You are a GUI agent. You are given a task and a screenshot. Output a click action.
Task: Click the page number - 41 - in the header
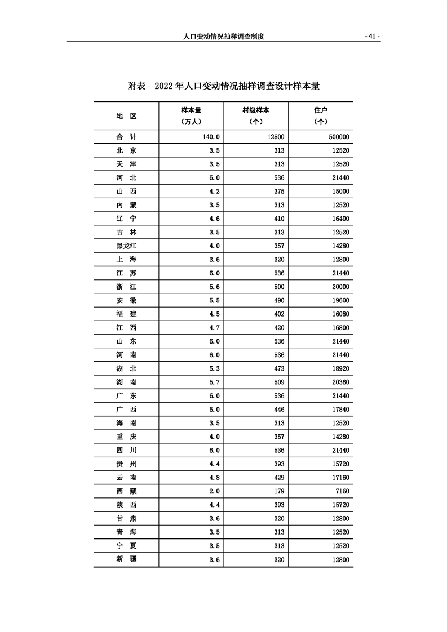point(372,36)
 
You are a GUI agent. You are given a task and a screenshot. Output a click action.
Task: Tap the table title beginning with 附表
point(224,86)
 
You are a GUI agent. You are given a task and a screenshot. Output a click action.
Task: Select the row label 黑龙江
point(126,246)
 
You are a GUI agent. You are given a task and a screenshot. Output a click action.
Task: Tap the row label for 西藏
point(126,491)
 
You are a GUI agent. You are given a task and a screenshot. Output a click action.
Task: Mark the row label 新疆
point(126,559)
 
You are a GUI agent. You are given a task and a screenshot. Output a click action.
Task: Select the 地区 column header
point(126,115)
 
